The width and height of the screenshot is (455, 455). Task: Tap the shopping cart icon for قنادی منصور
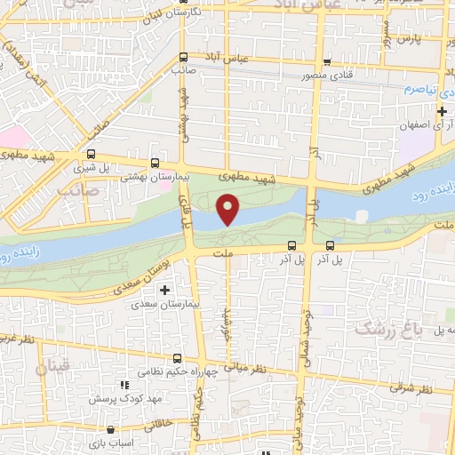(327, 63)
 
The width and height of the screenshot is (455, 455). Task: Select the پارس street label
(408, 39)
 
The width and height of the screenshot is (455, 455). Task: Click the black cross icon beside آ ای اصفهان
(443, 110)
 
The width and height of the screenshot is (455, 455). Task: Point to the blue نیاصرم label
(419, 90)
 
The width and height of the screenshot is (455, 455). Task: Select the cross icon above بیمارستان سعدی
(164, 290)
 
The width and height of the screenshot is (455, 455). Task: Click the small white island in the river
(361, 215)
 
